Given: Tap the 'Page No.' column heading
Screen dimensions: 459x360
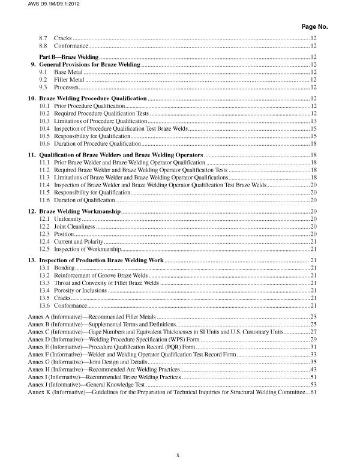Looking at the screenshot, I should [314, 27].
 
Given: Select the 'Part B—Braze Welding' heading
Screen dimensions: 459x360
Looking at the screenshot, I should [65, 56].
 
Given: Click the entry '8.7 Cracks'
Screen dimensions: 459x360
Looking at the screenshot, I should [56, 38].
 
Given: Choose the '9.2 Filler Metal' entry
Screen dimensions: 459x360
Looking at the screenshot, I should [61, 79].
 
